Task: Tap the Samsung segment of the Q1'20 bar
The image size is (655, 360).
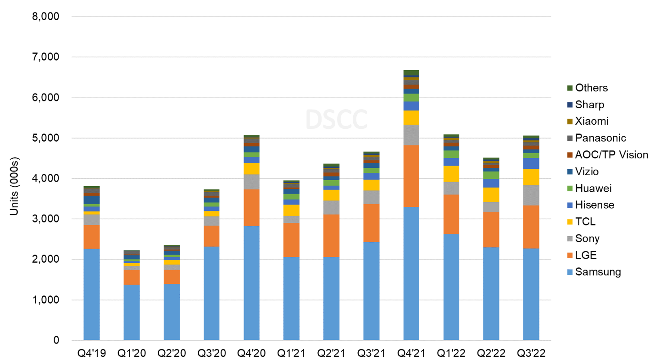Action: click(x=131, y=312)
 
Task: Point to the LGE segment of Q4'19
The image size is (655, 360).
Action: click(x=91, y=237)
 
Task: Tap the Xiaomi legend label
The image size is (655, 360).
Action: click(x=591, y=121)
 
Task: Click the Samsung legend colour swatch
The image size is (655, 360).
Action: click(x=570, y=272)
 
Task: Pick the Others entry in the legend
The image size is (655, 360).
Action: click(x=591, y=88)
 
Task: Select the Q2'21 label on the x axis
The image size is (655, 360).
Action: click(x=331, y=353)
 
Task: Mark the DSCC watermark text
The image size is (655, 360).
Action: click(x=336, y=119)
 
